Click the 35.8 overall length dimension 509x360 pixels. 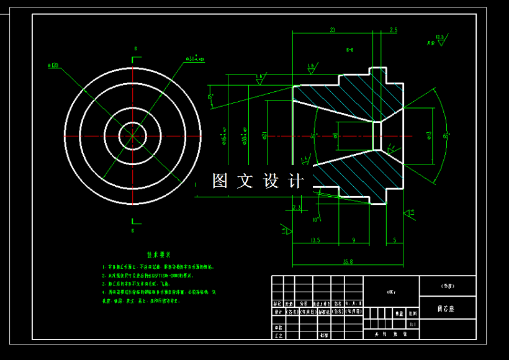click(x=348, y=261)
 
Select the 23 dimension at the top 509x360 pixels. click(x=333, y=30)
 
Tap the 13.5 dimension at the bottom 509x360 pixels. click(x=315, y=240)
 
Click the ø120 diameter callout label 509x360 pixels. click(x=53, y=65)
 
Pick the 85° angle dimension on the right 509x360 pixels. click(x=446, y=135)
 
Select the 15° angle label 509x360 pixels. click(x=210, y=97)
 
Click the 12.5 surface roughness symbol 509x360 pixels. click(x=440, y=38)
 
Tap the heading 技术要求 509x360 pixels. click(x=158, y=255)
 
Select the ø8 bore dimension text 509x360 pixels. click(x=336, y=135)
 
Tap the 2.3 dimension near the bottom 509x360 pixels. click(x=297, y=207)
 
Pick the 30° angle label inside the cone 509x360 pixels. click(x=314, y=135)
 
